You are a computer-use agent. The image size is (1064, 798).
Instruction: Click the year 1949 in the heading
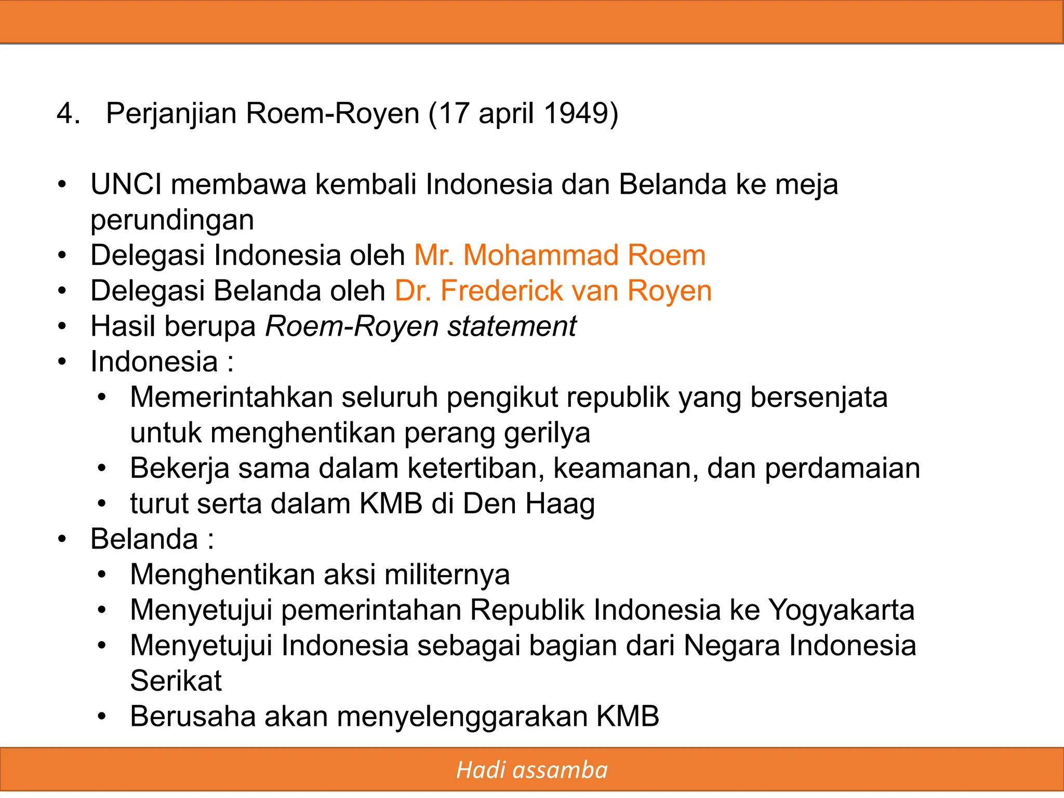pos(576,113)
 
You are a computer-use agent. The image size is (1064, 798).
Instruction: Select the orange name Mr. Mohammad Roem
pos(560,256)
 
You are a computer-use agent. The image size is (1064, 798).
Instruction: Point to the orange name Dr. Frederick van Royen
pos(553,291)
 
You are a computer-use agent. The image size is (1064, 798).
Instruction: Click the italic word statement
pos(512,326)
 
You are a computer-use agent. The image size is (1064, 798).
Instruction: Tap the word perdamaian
pos(842,469)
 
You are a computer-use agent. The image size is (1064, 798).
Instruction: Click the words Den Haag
pos(528,504)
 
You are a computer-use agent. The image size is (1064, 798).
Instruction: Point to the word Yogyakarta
pos(841,610)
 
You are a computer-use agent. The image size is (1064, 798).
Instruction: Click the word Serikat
pos(176,681)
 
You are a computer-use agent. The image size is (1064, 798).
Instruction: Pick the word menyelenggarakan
pos(462,716)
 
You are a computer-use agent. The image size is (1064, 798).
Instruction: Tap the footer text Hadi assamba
pos(531,770)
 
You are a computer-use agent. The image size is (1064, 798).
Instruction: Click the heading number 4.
pos(68,113)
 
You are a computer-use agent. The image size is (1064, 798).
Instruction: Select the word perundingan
pos(172,220)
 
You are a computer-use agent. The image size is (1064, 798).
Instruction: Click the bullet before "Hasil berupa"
pos(62,327)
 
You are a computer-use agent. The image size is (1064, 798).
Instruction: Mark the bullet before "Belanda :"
pos(62,539)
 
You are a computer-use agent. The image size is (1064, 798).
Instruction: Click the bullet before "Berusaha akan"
pos(102,716)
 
